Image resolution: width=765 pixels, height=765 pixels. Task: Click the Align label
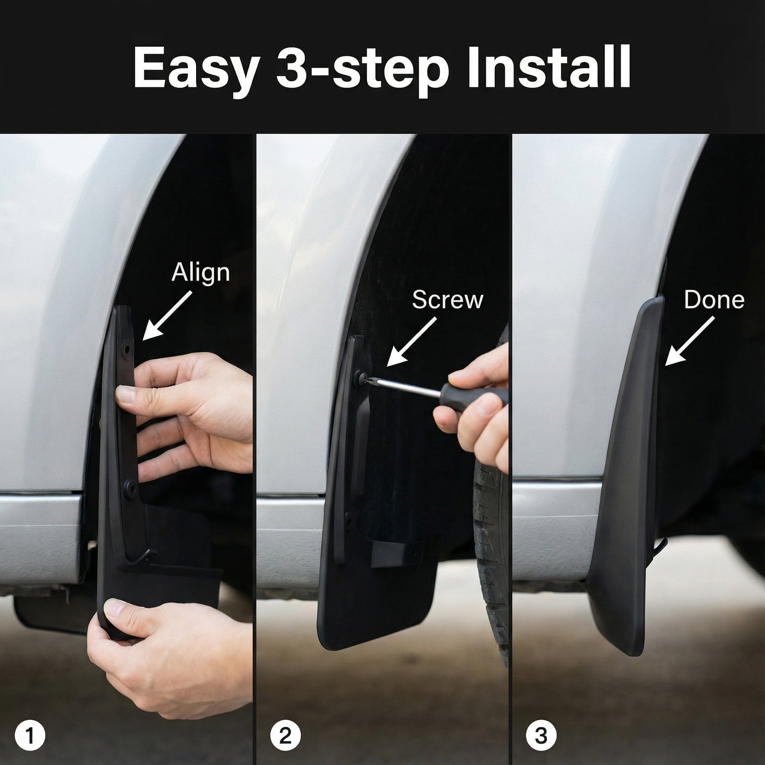click(200, 273)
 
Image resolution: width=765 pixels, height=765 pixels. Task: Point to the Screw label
click(447, 300)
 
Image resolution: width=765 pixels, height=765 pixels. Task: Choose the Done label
click(714, 300)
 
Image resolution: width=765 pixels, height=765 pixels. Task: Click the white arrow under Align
click(167, 316)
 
